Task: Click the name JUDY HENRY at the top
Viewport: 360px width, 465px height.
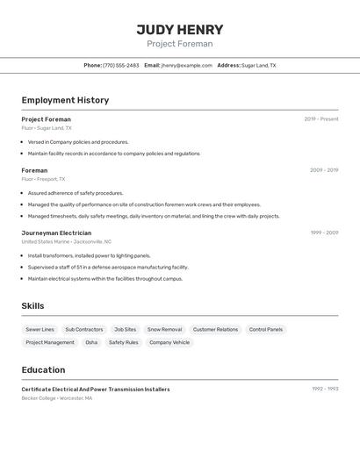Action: coord(179,30)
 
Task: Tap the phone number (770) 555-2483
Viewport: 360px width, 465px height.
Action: coord(120,66)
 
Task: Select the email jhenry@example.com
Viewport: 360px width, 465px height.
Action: coord(186,66)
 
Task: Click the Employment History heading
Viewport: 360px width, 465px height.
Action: coord(65,100)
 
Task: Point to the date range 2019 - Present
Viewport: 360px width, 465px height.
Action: coord(320,119)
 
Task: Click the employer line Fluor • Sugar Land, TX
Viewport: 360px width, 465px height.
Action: coord(47,128)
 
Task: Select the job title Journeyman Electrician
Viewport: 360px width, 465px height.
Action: coord(56,232)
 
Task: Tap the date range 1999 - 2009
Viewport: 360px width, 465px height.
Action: coord(324,232)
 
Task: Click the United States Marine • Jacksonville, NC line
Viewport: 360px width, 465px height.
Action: coord(67,241)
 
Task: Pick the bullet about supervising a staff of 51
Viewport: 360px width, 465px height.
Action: coord(108,267)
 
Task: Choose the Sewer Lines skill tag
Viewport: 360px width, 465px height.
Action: coord(40,330)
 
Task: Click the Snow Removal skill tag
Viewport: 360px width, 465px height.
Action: coord(164,330)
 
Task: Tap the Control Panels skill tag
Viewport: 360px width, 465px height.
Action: coord(265,330)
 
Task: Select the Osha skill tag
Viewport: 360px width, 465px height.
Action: coord(91,342)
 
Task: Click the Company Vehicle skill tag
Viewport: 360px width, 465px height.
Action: coord(169,342)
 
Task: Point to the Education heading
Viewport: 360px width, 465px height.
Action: coord(43,370)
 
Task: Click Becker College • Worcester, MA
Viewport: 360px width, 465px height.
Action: coord(57,398)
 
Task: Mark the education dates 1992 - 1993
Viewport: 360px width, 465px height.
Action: coord(325,389)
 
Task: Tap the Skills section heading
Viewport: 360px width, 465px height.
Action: coord(32,306)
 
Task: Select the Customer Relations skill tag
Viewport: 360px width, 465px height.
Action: coord(215,330)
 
